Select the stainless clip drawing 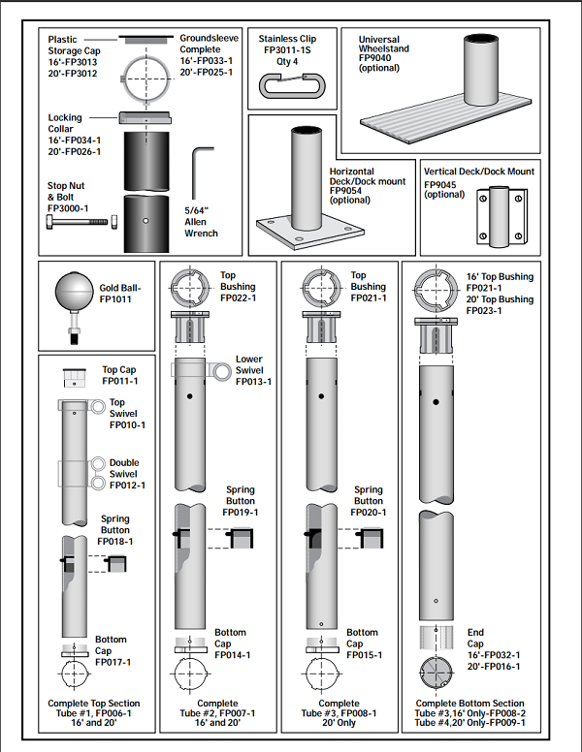[x=291, y=90]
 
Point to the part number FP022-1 [x=238, y=298]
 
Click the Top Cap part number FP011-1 [x=120, y=381]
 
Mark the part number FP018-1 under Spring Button [x=114, y=542]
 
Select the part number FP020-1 [x=370, y=513]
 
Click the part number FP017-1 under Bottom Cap [x=113, y=662]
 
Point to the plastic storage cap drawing [x=145, y=41]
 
